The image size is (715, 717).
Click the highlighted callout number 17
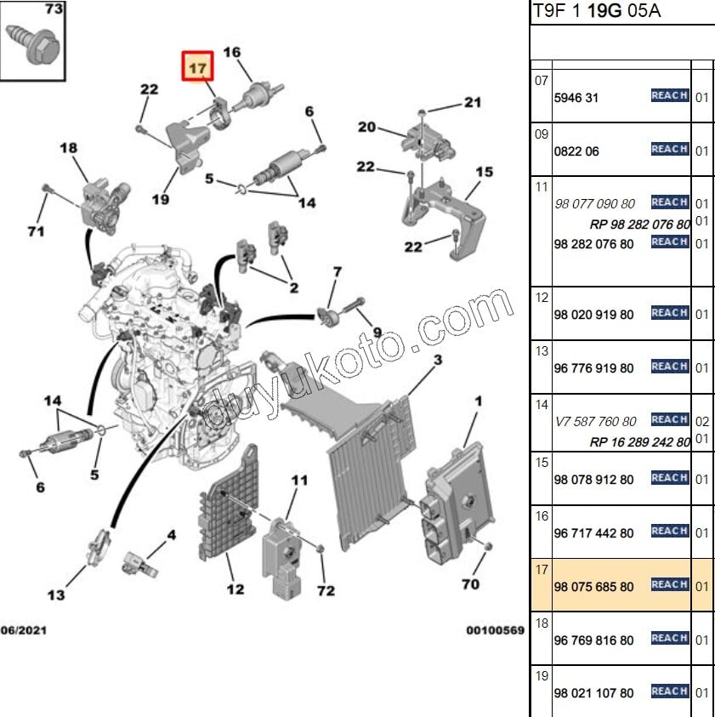[196, 66]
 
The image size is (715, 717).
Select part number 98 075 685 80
[593, 587]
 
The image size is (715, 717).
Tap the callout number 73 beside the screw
[53, 10]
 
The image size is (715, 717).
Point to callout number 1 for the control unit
[478, 401]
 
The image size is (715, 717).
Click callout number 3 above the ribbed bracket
[437, 361]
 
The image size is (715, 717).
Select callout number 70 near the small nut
[470, 584]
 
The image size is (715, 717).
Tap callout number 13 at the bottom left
[55, 595]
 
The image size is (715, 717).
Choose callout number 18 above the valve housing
[69, 148]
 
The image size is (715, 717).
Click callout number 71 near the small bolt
[35, 231]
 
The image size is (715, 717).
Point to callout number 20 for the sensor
[366, 128]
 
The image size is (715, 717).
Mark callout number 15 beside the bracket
[484, 172]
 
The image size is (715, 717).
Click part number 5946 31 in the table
[576, 98]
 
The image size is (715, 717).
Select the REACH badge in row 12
[669, 313]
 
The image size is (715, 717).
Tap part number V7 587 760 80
[595, 421]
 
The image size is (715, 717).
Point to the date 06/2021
[23, 630]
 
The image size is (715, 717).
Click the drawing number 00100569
[495, 630]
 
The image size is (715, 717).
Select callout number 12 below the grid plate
[235, 589]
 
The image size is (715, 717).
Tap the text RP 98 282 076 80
[639, 225]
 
